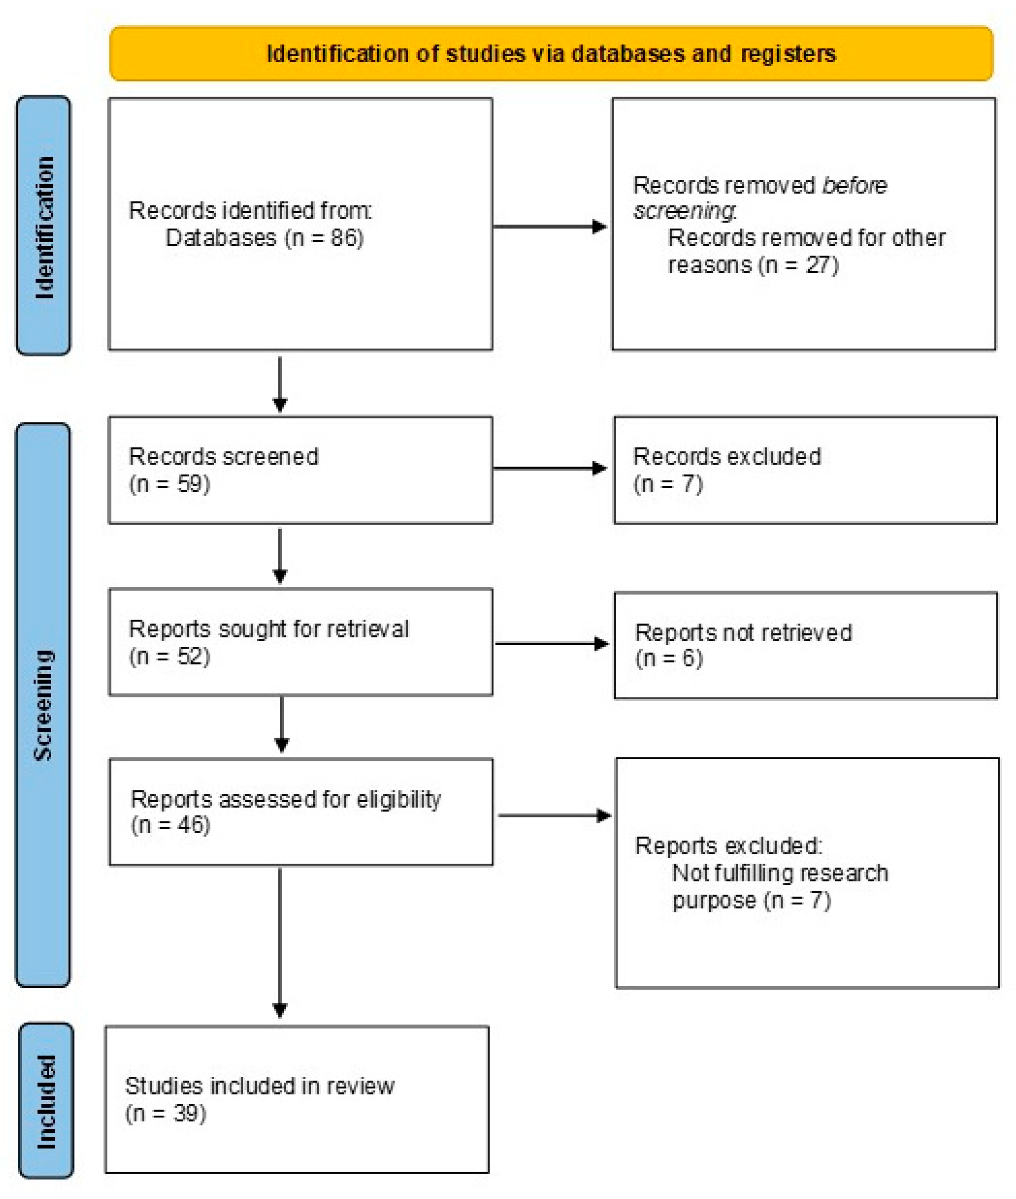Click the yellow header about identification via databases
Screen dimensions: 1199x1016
[x=551, y=53]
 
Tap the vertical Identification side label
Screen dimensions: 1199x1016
[x=44, y=226]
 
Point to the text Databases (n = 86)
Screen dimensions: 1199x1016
[x=264, y=238]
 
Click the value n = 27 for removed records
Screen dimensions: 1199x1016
[x=798, y=266]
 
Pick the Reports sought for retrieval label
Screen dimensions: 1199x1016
[x=269, y=629]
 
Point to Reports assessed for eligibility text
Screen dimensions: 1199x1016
[x=286, y=799]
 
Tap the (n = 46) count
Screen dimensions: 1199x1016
[x=171, y=825]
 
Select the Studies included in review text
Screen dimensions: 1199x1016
[x=260, y=1086]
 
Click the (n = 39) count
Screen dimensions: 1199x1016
[x=166, y=1113]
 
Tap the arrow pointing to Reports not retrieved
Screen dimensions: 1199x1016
[x=552, y=644]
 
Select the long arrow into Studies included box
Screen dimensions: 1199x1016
[x=280, y=944]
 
